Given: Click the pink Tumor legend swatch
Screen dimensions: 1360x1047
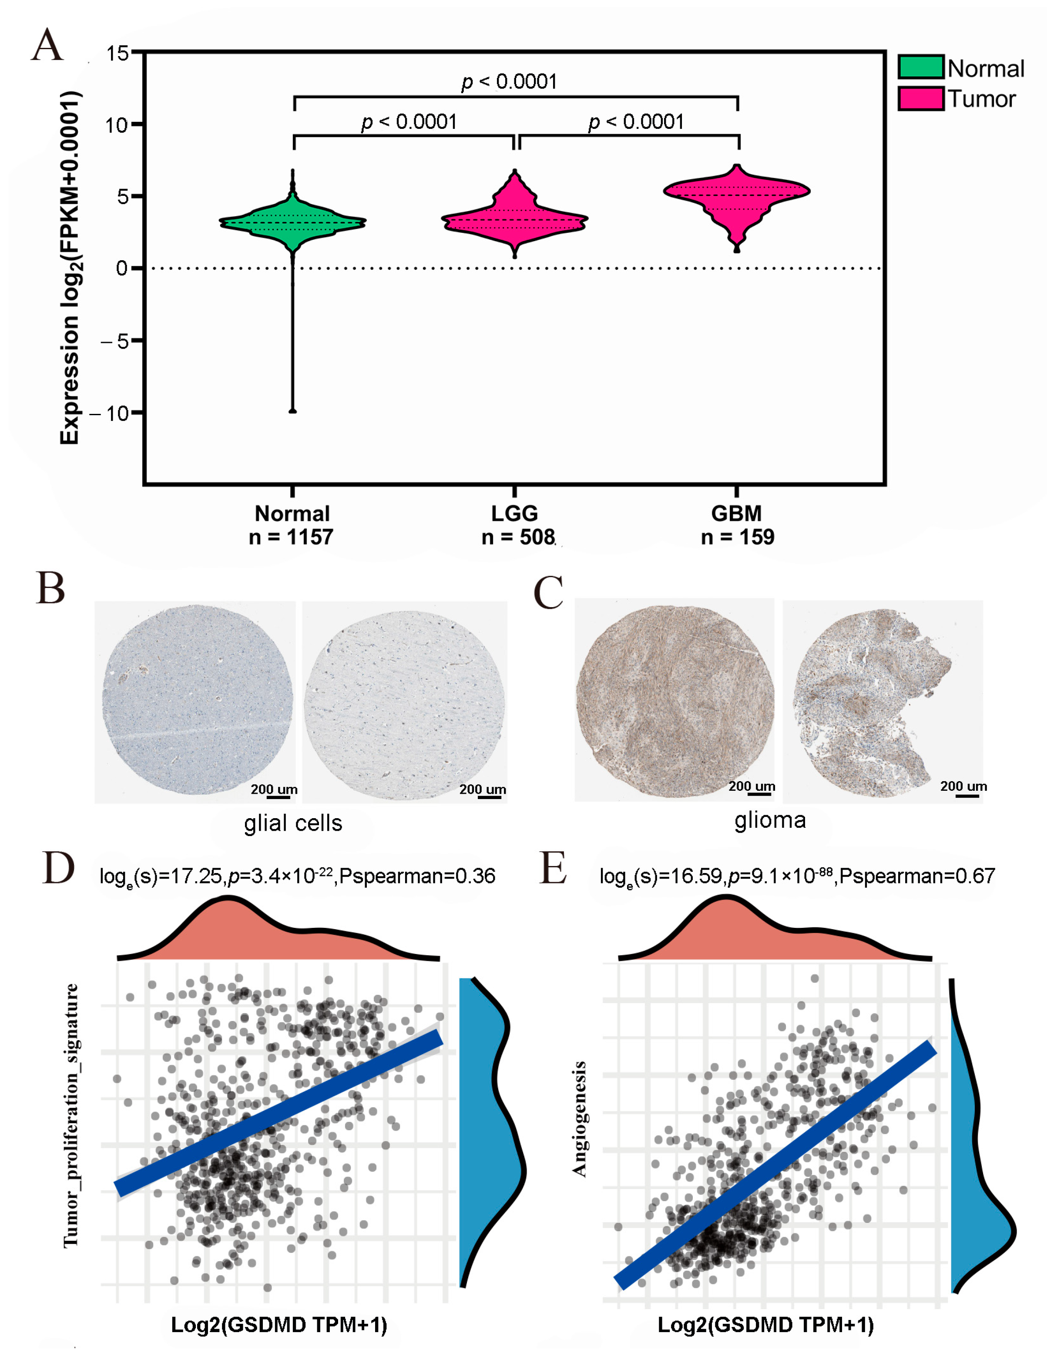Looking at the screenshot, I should tap(920, 98).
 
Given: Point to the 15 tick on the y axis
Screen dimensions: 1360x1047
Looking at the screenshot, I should tap(117, 53).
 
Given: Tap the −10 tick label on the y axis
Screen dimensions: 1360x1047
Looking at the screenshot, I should tap(110, 413).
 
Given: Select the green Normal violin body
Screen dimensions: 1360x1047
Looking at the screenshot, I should tap(292, 222).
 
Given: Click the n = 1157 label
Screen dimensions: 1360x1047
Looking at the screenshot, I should tap(291, 537).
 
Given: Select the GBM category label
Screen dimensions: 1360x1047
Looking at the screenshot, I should tap(736, 513).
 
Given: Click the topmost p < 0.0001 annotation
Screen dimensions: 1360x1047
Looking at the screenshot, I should tap(509, 81).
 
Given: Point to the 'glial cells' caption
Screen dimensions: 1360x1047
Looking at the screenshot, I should tap(293, 823).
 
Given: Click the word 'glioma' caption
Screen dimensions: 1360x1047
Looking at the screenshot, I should tap(770, 820).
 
